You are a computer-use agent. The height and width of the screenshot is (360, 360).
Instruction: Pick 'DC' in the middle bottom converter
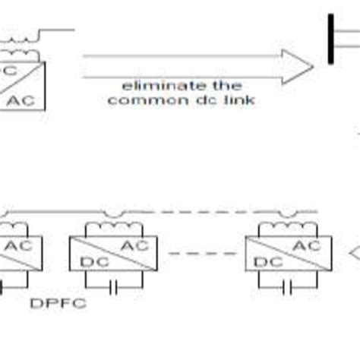click(88, 262)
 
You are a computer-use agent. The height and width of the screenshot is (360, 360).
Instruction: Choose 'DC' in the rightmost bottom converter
click(264, 262)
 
